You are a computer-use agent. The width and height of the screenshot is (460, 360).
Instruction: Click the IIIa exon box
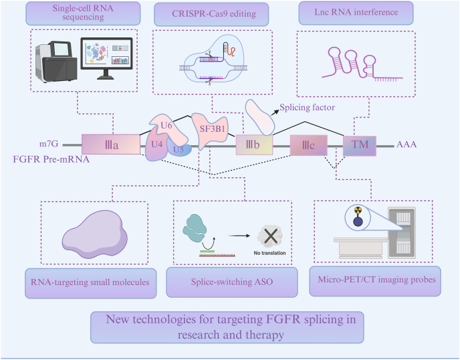pos(111,144)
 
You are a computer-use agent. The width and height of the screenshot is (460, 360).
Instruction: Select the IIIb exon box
pos(254,145)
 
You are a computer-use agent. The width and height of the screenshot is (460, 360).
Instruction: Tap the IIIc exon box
pos(309,145)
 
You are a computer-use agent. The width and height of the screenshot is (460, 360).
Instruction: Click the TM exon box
pos(360,146)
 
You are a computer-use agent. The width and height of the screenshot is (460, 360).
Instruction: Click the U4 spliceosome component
pos(156,145)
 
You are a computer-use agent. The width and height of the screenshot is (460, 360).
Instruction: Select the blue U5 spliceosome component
pos(179,148)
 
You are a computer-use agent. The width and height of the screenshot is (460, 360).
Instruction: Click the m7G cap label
pos(49,144)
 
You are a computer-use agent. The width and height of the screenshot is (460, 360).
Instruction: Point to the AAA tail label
pos(407,144)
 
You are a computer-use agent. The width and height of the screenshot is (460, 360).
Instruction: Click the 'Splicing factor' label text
pos(307,108)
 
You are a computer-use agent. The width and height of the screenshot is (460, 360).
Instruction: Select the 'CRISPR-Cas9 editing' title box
pos(211,15)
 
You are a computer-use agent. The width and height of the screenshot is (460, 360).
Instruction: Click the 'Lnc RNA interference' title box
pos(356,13)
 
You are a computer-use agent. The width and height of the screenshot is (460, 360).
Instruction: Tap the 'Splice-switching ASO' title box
pos(232,282)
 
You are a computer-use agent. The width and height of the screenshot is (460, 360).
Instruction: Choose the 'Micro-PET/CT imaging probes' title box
pos(375,281)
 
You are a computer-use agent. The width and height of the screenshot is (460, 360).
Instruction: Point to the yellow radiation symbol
pos(358,210)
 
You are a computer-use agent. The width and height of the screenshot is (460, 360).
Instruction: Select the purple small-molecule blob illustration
pos(94,234)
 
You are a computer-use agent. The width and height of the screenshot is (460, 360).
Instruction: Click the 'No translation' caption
pos(269,253)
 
